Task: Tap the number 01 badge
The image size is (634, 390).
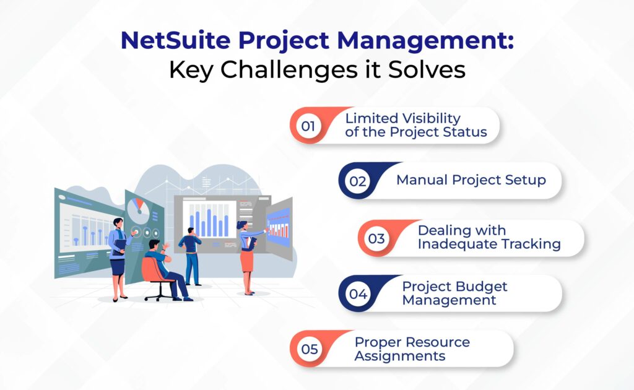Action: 308,126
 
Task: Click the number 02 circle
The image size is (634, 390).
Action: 358,181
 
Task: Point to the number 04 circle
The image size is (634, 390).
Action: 358,294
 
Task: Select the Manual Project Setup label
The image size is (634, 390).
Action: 471,180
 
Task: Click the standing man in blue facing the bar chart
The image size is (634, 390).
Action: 191,254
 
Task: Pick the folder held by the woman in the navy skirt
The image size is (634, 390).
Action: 118,245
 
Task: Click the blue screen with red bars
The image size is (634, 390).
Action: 278,224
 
